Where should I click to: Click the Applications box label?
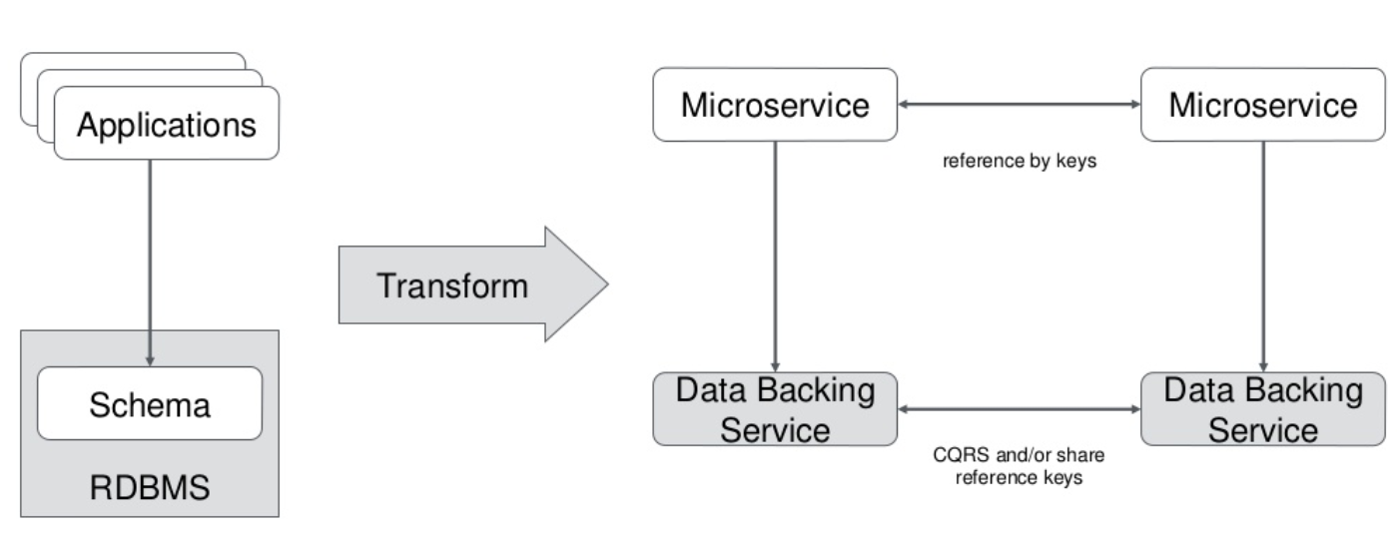coord(167,126)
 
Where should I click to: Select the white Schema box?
coord(150,403)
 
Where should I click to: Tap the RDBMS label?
coord(150,487)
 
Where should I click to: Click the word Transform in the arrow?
coord(452,286)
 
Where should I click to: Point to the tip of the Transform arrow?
coord(608,284)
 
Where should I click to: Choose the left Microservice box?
coord(775,105)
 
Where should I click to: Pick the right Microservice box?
coord(1263,105)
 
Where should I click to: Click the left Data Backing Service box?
coord(775,409)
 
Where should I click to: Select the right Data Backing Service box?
coord(1263,409)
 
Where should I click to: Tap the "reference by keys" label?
coord(1020,161)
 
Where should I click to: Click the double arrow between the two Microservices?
coord(1020,104)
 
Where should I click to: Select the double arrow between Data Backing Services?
coord(1020,409)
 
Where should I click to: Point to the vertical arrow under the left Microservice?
coord(775,257)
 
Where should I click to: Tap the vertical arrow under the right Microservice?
coord(1263,257)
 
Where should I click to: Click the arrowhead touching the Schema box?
coord(150,361)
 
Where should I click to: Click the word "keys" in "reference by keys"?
coord(1075,162)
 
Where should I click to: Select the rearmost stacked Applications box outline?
coord(133,54)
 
